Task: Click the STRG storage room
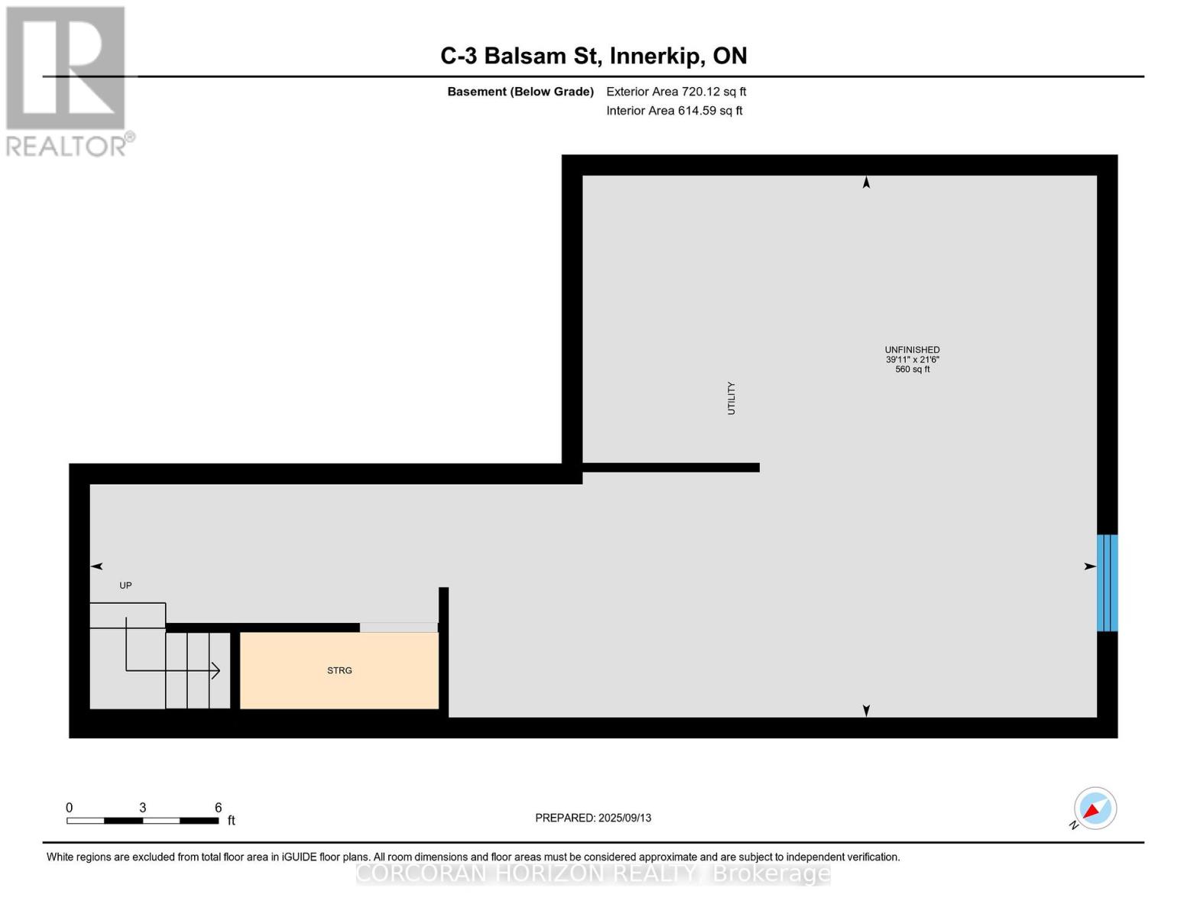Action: coord(339,670)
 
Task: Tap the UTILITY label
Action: coord(731,398)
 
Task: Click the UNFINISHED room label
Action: coord(912,350)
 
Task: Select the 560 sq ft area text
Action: coord(912,370)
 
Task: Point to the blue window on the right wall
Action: coord(1107,582)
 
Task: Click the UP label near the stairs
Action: coord(125,585)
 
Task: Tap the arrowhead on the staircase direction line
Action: coord(216,671)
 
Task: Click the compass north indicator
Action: coord(1095,808)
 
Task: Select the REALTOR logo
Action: coord(67,81)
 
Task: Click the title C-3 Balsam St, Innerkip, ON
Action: coord(593,56)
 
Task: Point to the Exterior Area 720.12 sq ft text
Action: coord(676,92)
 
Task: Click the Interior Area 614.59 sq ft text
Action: coord(674,111)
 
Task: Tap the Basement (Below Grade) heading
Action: coord(521,92)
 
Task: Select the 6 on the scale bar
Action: coord(218,808)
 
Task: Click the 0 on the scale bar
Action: coord(70,808)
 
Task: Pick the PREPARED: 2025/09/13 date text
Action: coord(593,818)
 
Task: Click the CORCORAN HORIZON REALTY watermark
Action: coord(593,873)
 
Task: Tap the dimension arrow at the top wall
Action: coord(866,183)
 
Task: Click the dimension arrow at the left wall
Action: coord(97,566)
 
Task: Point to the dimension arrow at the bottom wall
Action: coord(866,711)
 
